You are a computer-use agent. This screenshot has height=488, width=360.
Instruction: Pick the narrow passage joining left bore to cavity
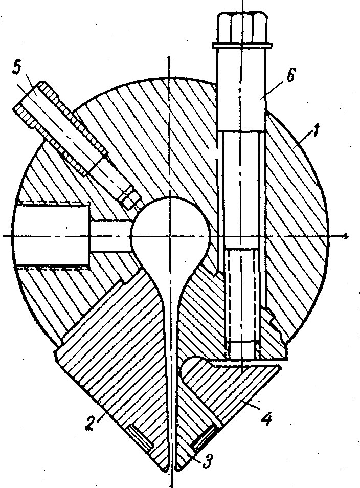click(x=110, y=235)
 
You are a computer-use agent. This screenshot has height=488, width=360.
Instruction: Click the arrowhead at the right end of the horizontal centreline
click(x=346, y=236)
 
